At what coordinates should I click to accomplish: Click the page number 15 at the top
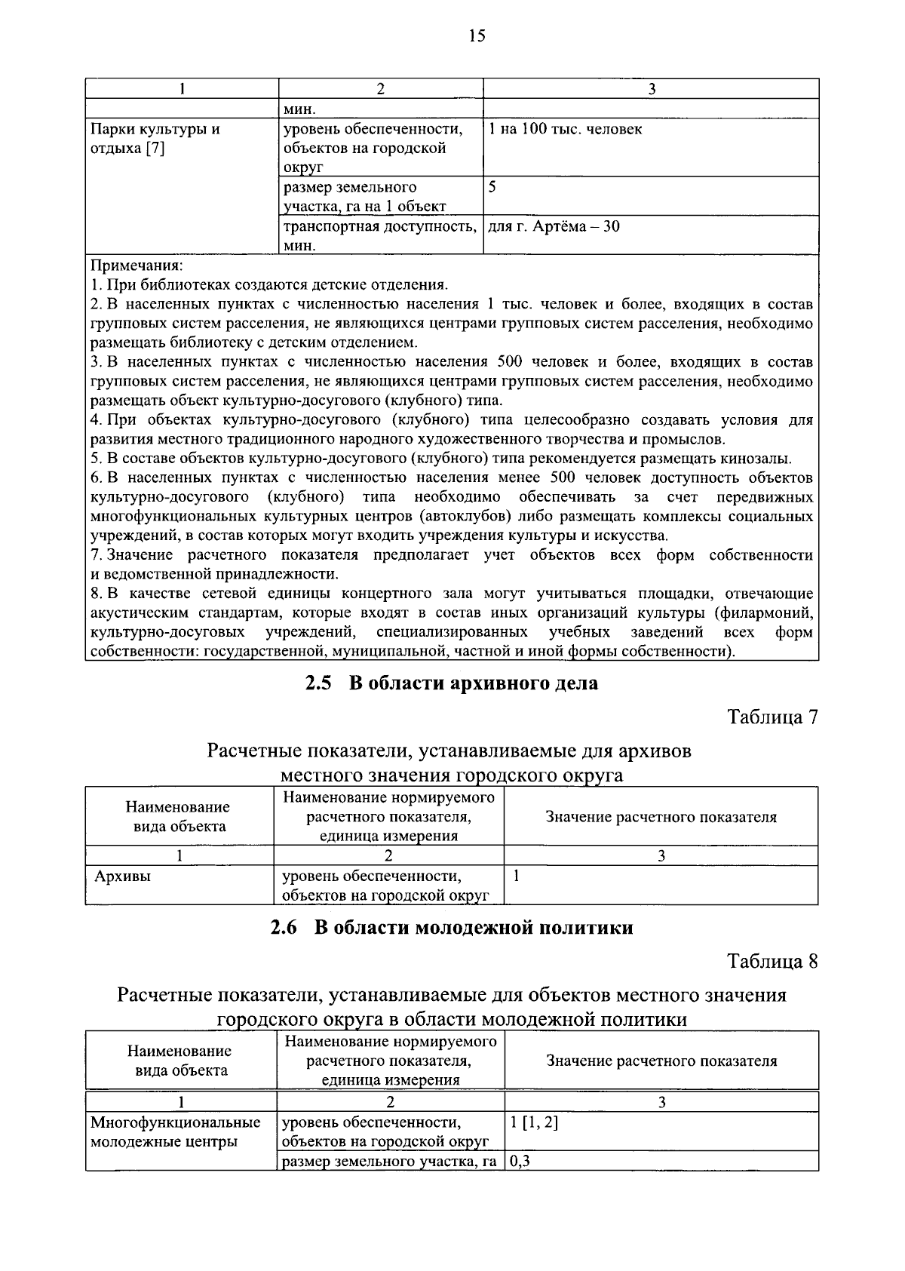click(477, 35)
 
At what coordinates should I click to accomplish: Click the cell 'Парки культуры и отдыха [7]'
click(155, 138)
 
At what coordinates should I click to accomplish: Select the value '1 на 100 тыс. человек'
click(565, 129)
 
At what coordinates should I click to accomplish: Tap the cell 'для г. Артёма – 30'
click(554, 226)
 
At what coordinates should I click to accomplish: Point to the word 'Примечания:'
click(137, 266)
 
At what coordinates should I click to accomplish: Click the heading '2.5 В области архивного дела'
click(451, 683)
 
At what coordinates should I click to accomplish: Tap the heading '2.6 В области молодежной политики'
click(451, 928)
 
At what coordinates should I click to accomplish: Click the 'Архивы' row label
click(122, 876)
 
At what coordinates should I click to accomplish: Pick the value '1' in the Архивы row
click(517, 876)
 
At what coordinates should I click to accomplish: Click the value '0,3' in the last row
click(520, 1162)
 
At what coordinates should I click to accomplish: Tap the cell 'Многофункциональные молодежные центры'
click(175, 1131)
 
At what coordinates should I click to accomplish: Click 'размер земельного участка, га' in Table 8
click(388, 1162)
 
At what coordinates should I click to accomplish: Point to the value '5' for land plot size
click(492, 186)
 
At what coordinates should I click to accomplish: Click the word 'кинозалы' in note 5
click(758, 459)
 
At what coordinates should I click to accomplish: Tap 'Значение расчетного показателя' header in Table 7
click(661, 817)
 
